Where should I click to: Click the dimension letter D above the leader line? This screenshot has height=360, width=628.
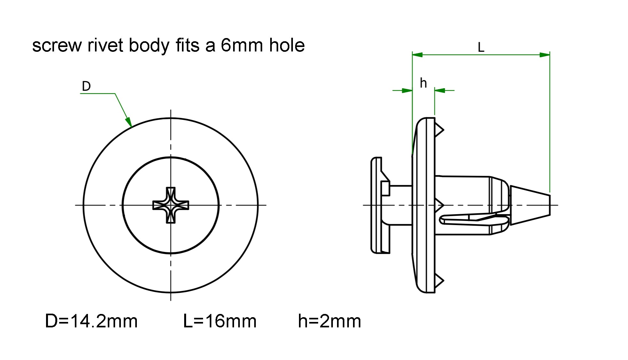click(86, 86)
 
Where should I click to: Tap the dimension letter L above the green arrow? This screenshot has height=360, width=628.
click(481, 48)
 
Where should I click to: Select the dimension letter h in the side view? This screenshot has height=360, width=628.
click(423, 83)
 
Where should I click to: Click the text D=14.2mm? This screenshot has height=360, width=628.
click(91, 321)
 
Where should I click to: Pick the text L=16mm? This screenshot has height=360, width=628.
click(220, 321)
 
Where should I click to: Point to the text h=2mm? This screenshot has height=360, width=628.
click(329, 321)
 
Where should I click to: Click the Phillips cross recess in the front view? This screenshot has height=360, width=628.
click(171, 205)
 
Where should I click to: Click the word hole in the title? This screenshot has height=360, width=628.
click(287, 45)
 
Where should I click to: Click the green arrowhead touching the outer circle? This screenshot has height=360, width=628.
click(129, 122)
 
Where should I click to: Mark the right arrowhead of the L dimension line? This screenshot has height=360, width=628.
click(545, 55)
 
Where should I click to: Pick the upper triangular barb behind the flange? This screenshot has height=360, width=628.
click(439, 129)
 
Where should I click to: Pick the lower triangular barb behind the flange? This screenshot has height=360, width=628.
click(439, 281)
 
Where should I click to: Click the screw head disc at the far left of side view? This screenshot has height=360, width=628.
click(377, 205)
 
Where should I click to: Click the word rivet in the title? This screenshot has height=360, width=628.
click(105, 45)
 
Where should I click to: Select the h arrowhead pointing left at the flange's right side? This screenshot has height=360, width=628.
click(440, 90)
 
